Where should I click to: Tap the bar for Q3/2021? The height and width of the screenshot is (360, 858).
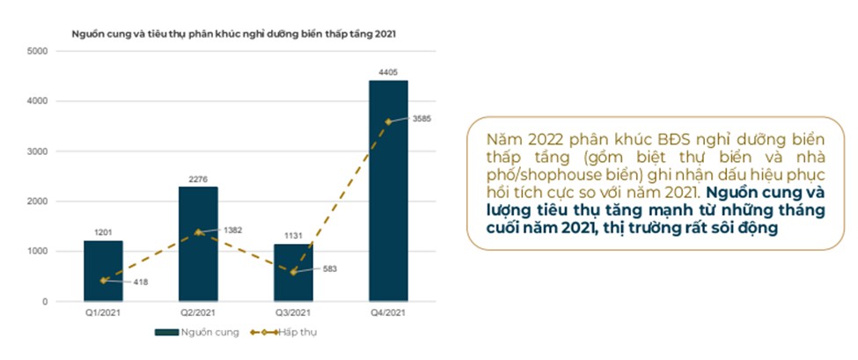(x=293, y=272)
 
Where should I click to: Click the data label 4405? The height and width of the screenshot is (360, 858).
(x=388, y=70)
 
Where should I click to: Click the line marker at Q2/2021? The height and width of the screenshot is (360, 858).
(x=198, y=232)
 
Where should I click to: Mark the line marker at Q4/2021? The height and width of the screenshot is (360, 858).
(x=388, y=121)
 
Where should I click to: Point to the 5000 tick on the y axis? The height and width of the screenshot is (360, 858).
(x=37, y=51)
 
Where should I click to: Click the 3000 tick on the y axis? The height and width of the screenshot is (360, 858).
(x=37, y=151)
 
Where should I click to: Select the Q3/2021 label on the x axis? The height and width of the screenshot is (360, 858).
(x=293, y=313)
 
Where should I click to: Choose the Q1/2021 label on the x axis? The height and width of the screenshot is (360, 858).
(x=104, y=313)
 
